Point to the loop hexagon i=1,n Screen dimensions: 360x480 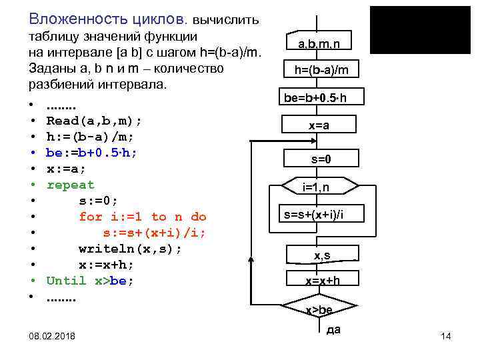[315, 187]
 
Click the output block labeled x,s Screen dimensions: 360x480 [321, 254]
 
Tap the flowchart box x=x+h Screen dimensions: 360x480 [322, 281]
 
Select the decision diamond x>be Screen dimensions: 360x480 [319, 309]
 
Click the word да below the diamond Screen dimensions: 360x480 [333, 330]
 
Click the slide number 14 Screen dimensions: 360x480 [446, 337]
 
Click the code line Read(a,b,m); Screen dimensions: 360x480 [94, 121]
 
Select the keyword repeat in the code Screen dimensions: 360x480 [70, 185]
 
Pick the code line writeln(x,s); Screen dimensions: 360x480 [130, 249]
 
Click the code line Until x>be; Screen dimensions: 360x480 [90, 281]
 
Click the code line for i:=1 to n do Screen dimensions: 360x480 [143, 217]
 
